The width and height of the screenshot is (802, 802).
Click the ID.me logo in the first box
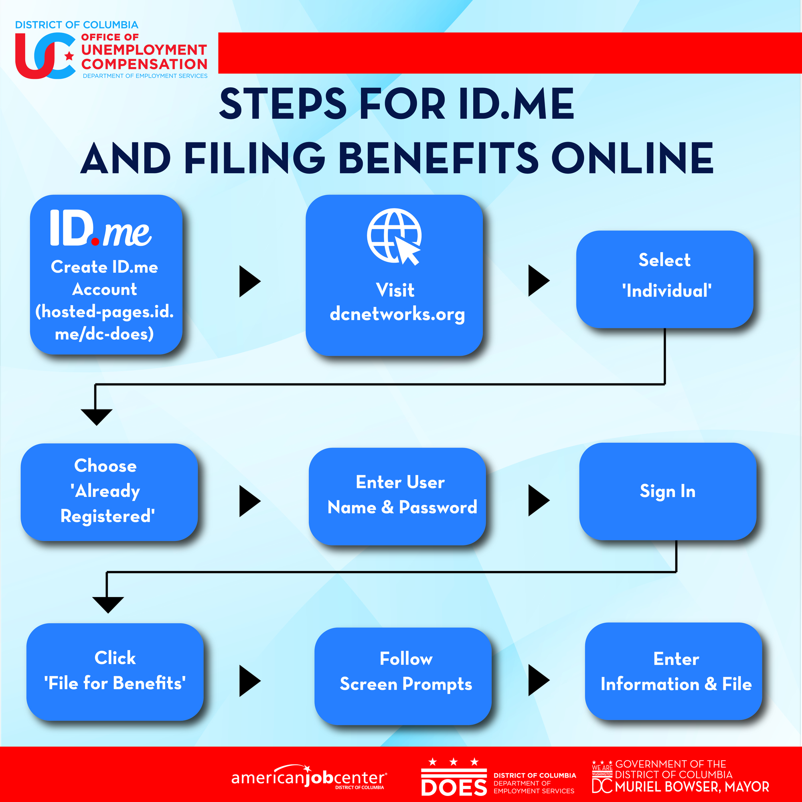point(101,228)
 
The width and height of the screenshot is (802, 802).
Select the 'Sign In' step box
point(668,492)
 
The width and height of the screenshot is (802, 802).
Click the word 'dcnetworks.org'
point(397,314)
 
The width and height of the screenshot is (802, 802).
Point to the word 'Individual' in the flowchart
point(667,291)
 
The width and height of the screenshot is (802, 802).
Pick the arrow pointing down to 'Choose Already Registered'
point(96,416)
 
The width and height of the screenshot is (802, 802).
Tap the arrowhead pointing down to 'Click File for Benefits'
point(108,604)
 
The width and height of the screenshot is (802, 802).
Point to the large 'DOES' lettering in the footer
point(454,788)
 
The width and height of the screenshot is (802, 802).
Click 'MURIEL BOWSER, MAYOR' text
point(692,787)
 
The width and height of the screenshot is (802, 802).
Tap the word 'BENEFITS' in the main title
point(438,158)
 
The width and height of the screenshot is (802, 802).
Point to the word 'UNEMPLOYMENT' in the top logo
point(144,50)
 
